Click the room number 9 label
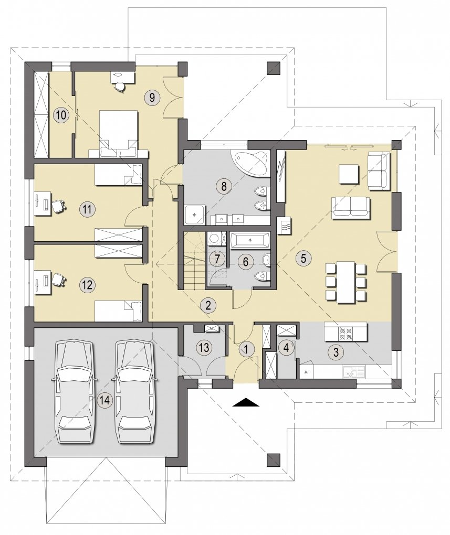point(152,98)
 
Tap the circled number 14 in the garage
point(105,400)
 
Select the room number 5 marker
point(304,258)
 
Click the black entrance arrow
point(246,402)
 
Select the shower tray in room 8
point(195,215)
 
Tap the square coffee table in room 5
point(349,174)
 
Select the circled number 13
point(204,348)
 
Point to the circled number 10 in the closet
point(61,115)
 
